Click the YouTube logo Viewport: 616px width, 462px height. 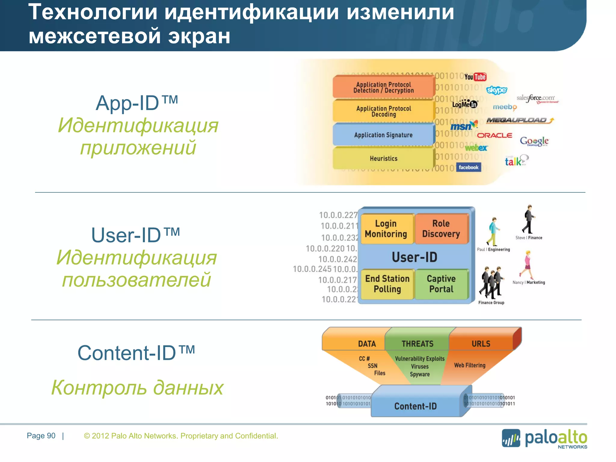point(475,77)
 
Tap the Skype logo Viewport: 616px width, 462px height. point(497,90)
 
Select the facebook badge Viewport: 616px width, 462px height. point(468,168)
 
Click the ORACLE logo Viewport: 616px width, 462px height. point(494,135)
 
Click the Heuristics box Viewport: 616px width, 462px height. point(383,159)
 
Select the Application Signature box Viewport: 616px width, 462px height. point(383,135)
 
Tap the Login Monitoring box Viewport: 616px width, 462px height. point(386,229)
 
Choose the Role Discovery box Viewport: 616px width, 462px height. point(441,229)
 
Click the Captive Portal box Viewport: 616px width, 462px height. point(441,284)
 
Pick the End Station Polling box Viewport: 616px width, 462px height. point(387,284)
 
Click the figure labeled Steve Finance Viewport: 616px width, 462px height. point(528,219)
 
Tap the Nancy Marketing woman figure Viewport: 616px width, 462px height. point(527,265)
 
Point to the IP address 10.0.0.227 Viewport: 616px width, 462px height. point(338,215)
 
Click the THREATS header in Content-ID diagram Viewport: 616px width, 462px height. point(417,344)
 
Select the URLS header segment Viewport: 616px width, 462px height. point(481,344)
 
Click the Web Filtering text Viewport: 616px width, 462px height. point(470,365)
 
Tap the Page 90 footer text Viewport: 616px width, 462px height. point(41,436)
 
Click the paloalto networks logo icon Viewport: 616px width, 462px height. point(511,438)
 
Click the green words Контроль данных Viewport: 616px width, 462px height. point(137,387)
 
